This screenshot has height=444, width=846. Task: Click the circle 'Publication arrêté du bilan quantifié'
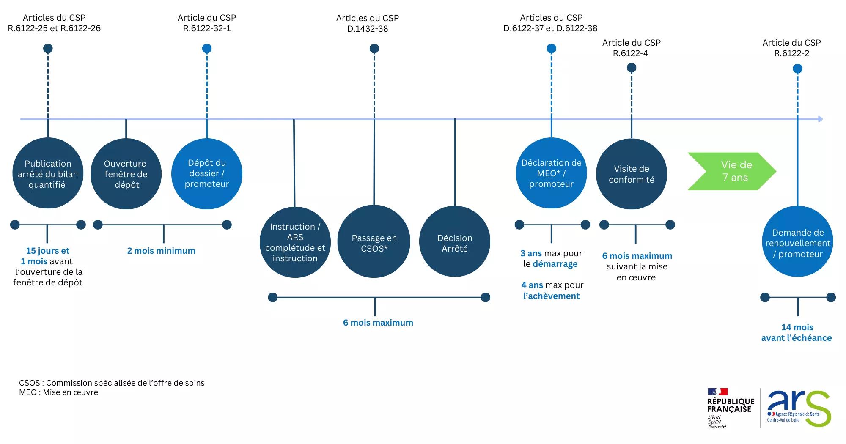pos(48,174)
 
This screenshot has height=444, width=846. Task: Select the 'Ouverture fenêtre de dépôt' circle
pos(126,174)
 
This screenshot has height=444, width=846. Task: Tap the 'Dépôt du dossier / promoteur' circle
pos(207,174)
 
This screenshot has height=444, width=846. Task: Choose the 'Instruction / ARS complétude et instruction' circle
pos(295,242)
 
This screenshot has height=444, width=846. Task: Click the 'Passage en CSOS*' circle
pos(374,242)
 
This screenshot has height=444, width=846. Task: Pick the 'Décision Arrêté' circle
pos(455,242)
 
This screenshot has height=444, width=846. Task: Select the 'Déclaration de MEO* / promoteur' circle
pos(552,173)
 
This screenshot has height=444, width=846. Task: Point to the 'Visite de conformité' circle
pos(632,174)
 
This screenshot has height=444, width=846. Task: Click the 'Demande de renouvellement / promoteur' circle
pos(798,242)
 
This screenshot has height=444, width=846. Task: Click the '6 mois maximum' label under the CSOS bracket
pos(378,323)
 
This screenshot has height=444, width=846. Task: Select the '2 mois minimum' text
pos(161,251)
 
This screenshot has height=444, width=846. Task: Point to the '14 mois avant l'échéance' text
pos(797,332)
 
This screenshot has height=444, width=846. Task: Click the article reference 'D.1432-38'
pos(368,29)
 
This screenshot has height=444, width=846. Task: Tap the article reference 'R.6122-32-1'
pos(207,28)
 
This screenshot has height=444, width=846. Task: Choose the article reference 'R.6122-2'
pos(792,53)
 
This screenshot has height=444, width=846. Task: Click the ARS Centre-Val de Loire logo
pos(799,408)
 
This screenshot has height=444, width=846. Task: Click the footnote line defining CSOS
pos(112,383)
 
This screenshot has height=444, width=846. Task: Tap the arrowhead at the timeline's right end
pos(821,119)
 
